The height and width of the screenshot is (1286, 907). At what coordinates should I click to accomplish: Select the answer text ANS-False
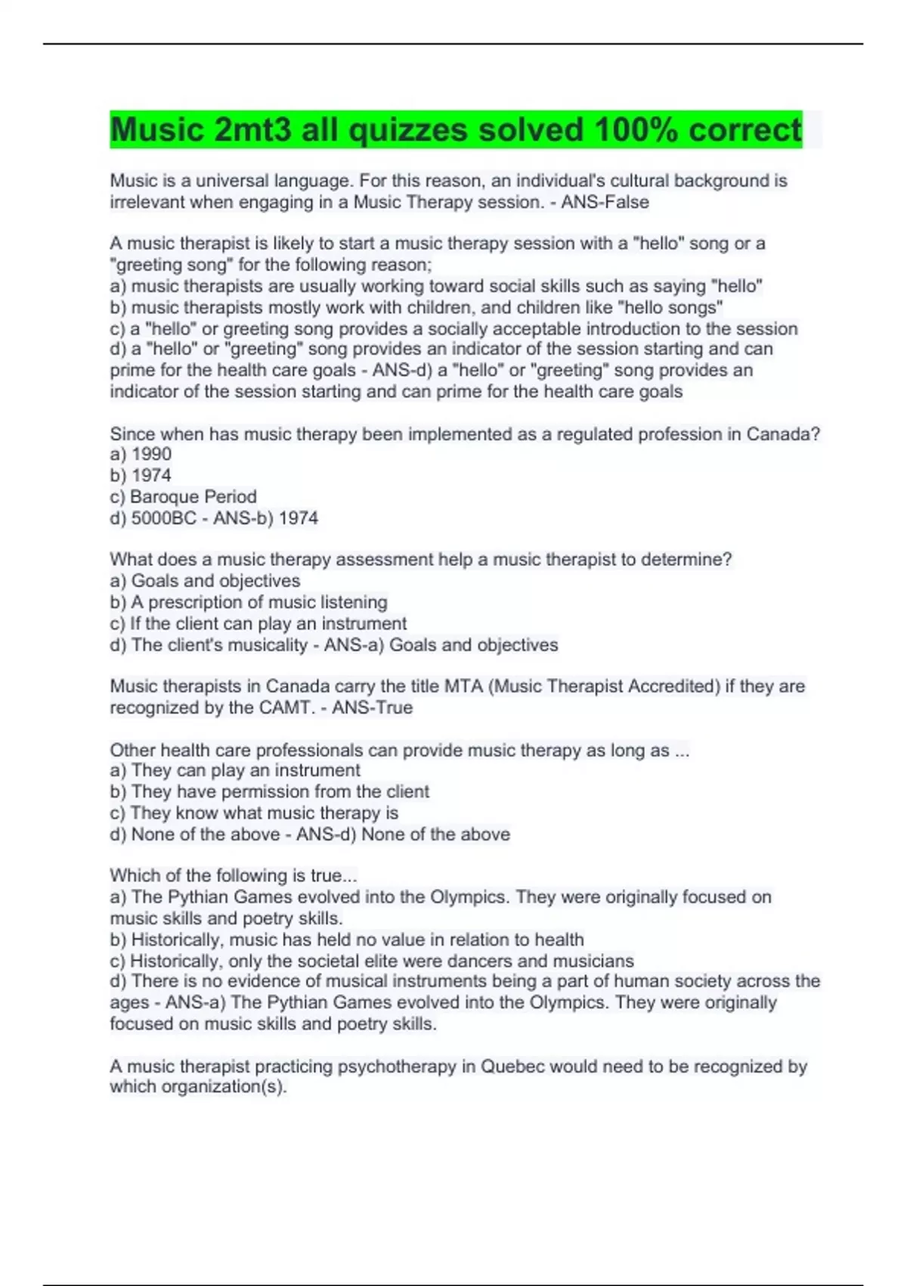[605, 202]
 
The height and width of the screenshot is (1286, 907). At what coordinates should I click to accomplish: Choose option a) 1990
[141, 454]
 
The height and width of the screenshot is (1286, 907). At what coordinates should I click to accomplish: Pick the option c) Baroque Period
[184, 496]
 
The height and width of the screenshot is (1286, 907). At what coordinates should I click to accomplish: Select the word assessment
[380, 560]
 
